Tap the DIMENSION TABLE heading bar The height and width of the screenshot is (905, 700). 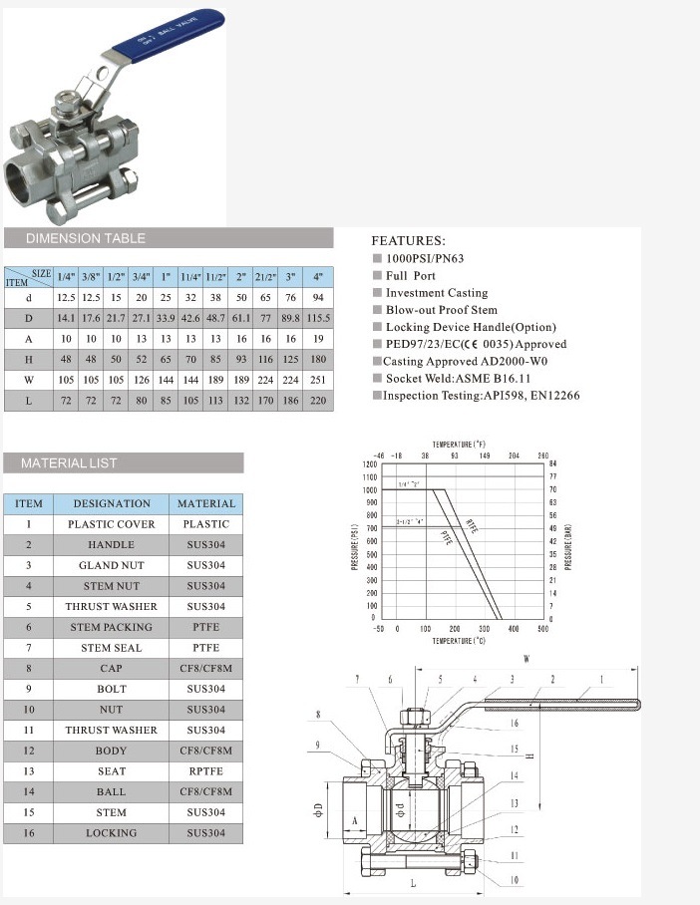[168, 238]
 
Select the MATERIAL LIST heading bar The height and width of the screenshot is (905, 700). [123, 462]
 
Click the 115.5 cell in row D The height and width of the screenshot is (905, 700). [318, 318]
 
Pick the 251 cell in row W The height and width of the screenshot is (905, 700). [318, 380]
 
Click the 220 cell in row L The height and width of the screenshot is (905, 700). [318, 400]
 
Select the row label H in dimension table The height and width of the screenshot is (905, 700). [28, 359]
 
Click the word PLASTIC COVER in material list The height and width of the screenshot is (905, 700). [112, 524]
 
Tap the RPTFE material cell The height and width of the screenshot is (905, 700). [206, 771]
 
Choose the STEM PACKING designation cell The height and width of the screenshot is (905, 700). [112, 627]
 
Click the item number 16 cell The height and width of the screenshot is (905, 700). [29, 833]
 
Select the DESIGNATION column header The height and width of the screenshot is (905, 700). [112, 503]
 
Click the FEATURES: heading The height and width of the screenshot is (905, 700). [409, 241]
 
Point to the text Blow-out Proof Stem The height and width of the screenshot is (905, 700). [441, 310]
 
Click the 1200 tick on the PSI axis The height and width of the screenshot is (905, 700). [371, 464]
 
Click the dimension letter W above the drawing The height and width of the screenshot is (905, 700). [526, 659]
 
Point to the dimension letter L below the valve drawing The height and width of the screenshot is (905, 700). [412, 883]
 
